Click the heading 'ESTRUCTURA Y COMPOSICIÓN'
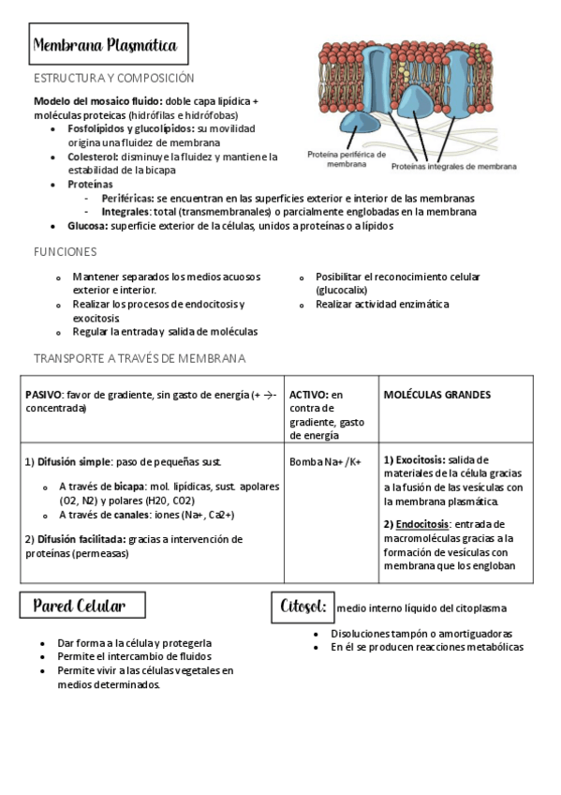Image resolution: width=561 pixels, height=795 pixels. tap(113, 79)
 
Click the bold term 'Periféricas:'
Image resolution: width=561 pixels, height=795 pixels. tap(127, 198)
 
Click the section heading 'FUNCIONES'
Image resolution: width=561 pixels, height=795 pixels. tap(66, 251)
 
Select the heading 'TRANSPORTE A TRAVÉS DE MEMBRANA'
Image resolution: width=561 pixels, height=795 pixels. tap(140, 358)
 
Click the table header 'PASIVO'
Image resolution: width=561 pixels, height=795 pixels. tap(43, 395)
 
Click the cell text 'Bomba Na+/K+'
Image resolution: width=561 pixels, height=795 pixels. tap(325, 462)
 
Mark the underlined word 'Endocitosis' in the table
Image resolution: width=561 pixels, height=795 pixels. tap(423, 524)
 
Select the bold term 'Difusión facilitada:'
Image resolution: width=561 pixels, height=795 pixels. tap(76, 539)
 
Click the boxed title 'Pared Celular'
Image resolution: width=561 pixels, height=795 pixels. tap(83, 606)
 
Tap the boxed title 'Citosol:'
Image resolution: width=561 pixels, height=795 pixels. tap(303, 607)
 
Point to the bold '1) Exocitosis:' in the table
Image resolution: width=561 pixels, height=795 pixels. tap(415, 459)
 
